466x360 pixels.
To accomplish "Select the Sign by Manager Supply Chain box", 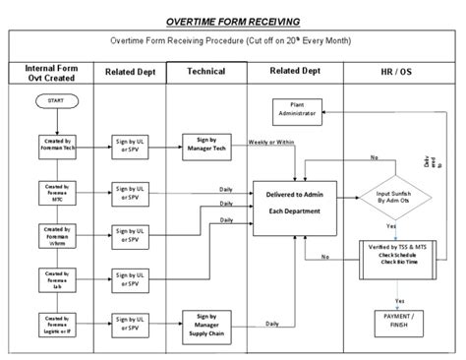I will (206, 324).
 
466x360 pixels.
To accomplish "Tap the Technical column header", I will (204, 73).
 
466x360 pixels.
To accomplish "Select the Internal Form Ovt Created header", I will (52, 73).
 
